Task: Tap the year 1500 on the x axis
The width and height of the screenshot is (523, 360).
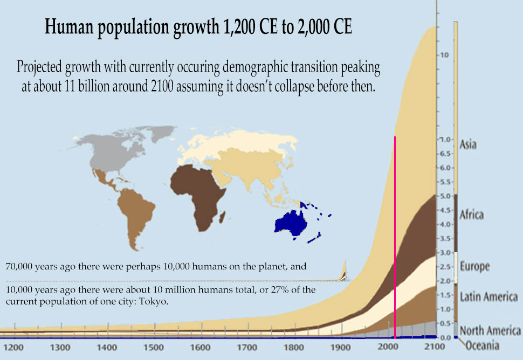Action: tap(154, 348)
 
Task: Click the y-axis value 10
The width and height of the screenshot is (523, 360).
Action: tap(444, 56)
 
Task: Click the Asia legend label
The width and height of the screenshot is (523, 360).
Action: tap(468, 145)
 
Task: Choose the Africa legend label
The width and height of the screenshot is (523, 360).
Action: tap(471, 215)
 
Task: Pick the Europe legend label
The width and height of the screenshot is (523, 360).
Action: tap(474, 266)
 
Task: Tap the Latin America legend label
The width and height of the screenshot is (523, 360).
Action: tap(488, 296)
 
